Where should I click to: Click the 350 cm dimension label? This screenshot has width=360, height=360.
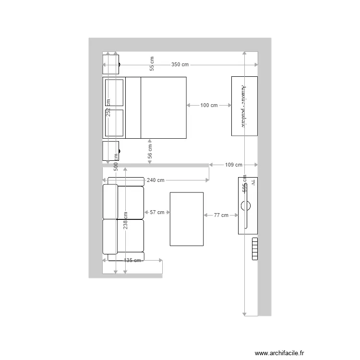[180, 65]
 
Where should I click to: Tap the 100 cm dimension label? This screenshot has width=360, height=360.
[209, 105]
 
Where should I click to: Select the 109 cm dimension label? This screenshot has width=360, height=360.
[234, 165]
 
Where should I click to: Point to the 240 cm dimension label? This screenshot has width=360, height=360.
[156, 180]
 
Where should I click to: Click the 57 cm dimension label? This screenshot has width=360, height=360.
[157, 212]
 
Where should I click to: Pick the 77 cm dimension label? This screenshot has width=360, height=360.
[221, 216]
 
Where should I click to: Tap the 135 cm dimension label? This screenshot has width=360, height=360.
[132, 261]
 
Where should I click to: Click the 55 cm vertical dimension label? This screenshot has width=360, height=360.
[152, 64]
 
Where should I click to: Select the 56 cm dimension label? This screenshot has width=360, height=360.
[150, 152]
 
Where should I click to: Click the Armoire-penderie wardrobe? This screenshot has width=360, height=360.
[244, 106]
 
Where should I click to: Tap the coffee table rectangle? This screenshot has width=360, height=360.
[187, 219]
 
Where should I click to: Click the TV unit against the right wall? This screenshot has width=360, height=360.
[248, 206]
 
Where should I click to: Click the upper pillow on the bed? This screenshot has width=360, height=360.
[115, 92]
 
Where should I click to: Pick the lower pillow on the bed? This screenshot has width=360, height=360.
[115, 124]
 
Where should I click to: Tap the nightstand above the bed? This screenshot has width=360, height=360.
[111, 63]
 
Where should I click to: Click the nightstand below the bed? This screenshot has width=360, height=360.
[111, 151]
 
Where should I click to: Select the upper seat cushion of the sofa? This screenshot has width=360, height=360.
[130, 202]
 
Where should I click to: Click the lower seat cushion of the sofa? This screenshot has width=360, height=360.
[130, 235]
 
